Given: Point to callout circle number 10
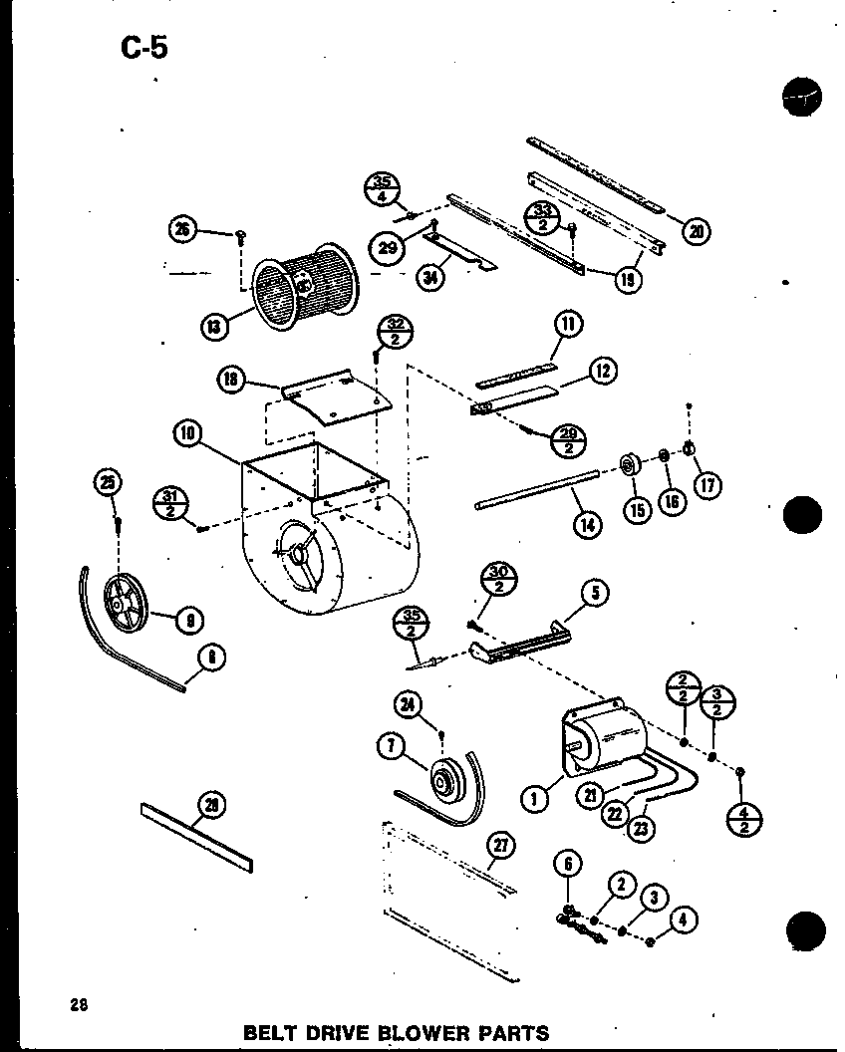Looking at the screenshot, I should [187, 432].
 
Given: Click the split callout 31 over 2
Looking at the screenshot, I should [168, 501].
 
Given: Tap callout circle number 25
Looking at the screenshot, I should [106, 484].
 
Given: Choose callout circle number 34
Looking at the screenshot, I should [430, 277].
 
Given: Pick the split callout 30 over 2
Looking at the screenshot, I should [498, 579].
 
